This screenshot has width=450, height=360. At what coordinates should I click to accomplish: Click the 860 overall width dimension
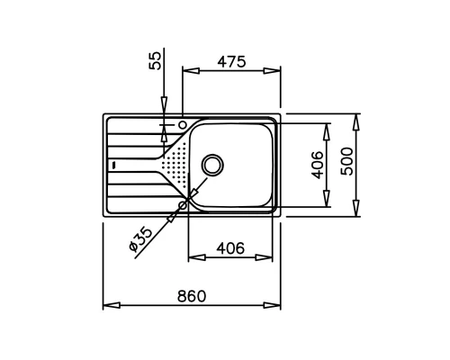(192, 296)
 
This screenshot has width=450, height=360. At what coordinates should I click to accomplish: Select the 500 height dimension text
(348, 161)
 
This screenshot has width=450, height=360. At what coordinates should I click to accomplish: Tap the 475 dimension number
(231, 62)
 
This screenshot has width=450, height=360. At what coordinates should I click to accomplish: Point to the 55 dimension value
(155, 60)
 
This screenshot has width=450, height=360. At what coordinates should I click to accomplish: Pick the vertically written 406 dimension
(318, 165)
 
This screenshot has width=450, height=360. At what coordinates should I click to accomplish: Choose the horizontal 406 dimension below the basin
(230, 248)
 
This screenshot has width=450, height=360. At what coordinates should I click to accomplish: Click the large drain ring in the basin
(212, 165)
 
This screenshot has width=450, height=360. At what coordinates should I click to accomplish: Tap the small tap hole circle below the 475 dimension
(183, 124)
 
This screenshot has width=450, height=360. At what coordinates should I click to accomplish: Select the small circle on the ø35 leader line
(183, 205)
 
